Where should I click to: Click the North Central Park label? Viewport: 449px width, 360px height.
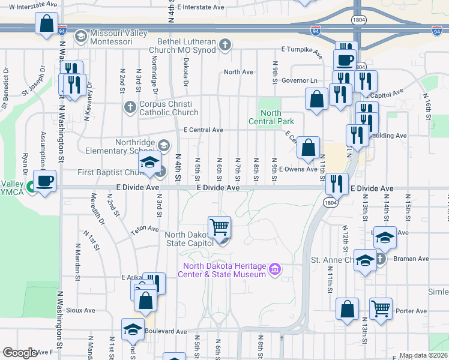[271, 117]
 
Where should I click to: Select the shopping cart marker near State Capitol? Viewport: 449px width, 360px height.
[220, 227]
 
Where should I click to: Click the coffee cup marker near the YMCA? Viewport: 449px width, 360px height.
[44, 181]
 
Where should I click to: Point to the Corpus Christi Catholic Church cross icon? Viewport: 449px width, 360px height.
[130, 107]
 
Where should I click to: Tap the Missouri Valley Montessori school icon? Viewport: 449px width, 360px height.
[79, 37]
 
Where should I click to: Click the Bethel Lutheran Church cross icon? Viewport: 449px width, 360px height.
[225, 44]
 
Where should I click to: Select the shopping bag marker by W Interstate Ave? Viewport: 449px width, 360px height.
[46, 25]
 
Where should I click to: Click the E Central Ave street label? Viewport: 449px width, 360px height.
[203, 130]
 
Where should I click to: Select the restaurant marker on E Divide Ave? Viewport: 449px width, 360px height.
[337, 184]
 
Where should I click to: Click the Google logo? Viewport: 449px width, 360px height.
[20, 353]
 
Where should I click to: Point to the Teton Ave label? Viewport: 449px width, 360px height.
[145, 229]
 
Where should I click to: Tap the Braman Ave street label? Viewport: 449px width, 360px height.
[411, 259]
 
